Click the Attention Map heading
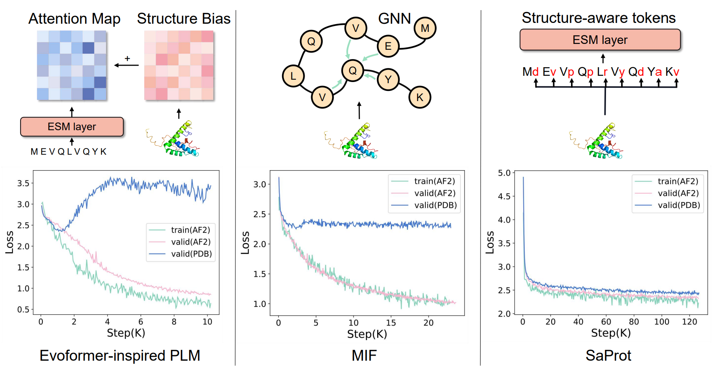pyautogui.click(x=74, y=19)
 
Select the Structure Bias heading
pyautogui.click(x=184, y=19)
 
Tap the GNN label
pyautogui.click(x=394, y=18)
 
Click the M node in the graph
pyautogui.click(x=425, y=28)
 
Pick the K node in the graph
pyautogui.click(x=420, y=97)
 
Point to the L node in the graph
pyautogui.click(x=293, y=76)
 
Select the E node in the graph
pyautogui.click(x=388, y=46)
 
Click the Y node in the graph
pyautogui.click(x=388, y=79)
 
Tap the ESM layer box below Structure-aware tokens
pyautogui.click(x=600, y=40)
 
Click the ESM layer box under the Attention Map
pyautogui.click(x=72, y=127)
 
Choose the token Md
pyautogui.click(x=530, y=72)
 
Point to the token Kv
pyautogui.click(x=672, y=72)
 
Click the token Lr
pyautogui.click(x=602, y=72)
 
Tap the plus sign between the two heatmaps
pyautogui.click(x=127, y=59)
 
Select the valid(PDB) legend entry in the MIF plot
pyautogui.click(x=435, y=205)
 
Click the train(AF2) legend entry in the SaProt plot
pyautogui.click(x=677, y=181)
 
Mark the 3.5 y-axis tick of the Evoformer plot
pyautogui.click(x=23, y=183)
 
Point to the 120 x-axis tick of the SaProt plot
pyautogui.click(x=690, y=322)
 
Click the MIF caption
pyautogui.click(x=364, y=355)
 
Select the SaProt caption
pyautogui.click(x=608, y=355)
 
